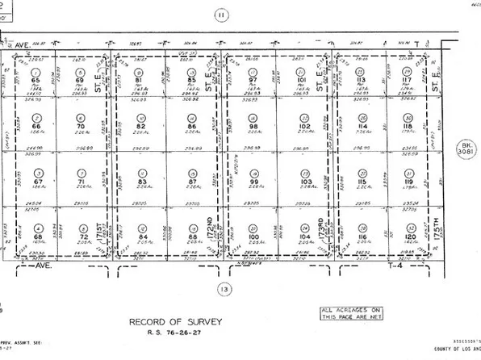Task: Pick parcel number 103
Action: click(x=304, y=182)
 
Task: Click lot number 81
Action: click(x=140, y=81)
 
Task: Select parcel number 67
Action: click(x=36, y=182)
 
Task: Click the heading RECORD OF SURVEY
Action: click(x=169, y=321)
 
